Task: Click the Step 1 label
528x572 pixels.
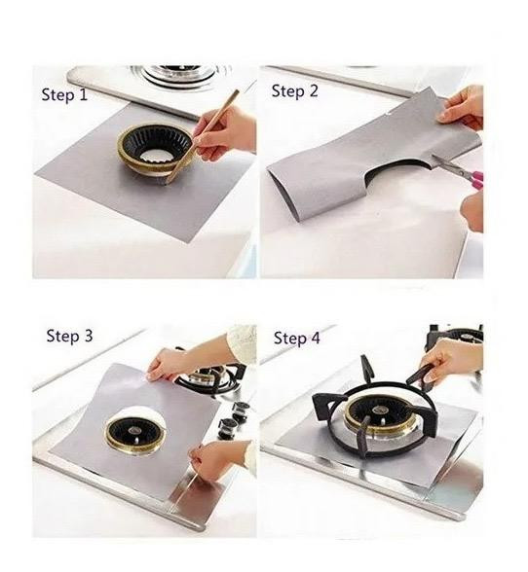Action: click(x=64, y=95)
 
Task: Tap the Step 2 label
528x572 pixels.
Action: click(x=294, y=90)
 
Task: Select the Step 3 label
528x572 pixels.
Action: click(x=69, y=336)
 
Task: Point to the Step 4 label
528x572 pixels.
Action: click(x=297, y=338)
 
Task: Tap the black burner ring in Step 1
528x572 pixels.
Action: click(x=155, y=143)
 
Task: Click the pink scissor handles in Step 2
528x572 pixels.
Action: click(x=475, y=179)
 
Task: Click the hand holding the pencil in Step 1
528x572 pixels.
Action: click(x=225, y=133)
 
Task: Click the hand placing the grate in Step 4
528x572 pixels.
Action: click(x=450, y=360)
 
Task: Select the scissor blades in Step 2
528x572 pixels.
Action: click(x=447, y=163)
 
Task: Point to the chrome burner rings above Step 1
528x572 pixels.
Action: click(x=180, y=76)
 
